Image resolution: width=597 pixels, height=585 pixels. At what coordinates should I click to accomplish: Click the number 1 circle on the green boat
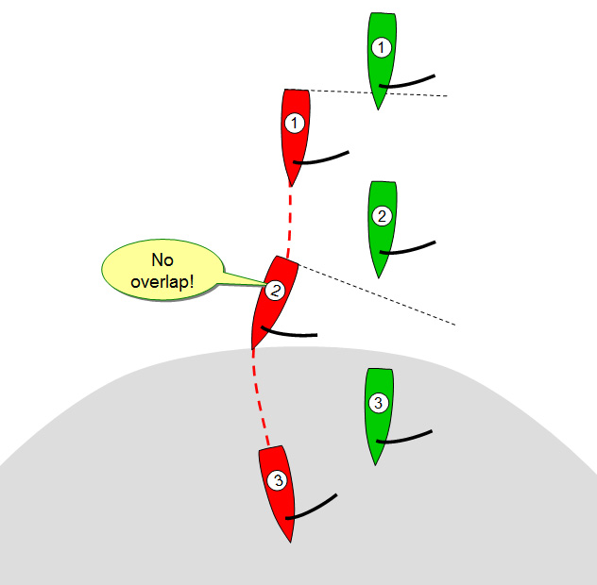coord(381,46)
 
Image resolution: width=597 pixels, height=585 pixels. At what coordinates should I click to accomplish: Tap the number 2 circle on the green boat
coord(382,216)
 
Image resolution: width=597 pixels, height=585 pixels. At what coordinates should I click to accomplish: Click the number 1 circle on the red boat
coord(295,124)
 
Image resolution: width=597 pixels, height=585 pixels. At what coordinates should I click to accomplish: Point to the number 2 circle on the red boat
coord(274,291)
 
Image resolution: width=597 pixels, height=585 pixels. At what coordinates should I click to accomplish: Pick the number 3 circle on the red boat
coord(277,481)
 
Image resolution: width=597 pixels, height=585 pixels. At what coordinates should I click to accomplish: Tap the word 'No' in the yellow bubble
coord(161,260)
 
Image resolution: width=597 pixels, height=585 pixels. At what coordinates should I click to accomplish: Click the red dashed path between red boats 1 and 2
coord(291,222)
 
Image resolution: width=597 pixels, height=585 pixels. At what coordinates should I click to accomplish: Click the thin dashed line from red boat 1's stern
coord(378,92)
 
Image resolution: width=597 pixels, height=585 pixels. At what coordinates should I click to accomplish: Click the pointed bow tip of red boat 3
coord(290,541)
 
